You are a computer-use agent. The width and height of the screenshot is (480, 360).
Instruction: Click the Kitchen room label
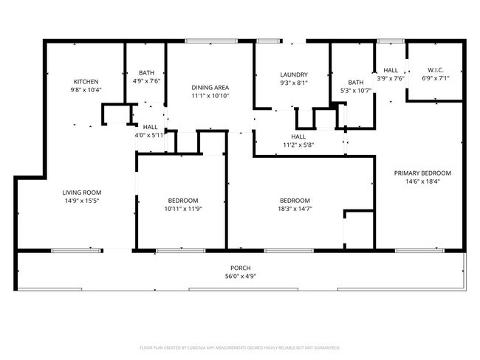click(x=86, y=81)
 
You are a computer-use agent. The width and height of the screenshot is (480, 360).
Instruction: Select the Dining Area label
click(x=210, y=87)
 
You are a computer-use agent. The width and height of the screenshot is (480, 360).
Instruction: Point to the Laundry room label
click(x=293, y=75)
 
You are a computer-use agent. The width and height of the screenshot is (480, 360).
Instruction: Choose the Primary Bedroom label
click(x=422, y=173)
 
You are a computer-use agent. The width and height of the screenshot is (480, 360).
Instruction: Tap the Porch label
click(x=241, y=269)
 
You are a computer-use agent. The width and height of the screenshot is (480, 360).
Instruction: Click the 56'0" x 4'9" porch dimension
click(x=241, y=277)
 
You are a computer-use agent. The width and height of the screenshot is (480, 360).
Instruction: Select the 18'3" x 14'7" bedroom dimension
click(x=294, y=210)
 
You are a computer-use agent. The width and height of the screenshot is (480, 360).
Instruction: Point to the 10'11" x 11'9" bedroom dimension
click(x=182, y=210)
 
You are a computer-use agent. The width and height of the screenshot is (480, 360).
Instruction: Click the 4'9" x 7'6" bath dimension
click(x=146, y=81)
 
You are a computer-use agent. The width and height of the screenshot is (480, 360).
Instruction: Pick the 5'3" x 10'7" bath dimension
click(x=356, y=91)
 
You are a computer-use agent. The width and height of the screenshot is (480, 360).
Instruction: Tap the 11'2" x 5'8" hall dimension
click(x=298, y=145)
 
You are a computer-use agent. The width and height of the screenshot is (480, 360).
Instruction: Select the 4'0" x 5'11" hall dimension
click(x=150, y=135)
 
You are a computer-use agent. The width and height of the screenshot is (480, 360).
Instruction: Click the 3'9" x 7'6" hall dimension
click(x=391, y=77)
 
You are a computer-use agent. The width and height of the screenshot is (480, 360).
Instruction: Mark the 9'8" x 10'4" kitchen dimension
click(x=86, y=90)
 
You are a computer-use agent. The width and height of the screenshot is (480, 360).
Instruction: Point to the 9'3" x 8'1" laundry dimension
click(x=293, y=83)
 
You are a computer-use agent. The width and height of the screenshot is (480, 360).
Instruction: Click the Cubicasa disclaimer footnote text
click(x=240, y=347)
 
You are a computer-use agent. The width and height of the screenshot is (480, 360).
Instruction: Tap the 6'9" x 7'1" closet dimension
click(x=435, y=77)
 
